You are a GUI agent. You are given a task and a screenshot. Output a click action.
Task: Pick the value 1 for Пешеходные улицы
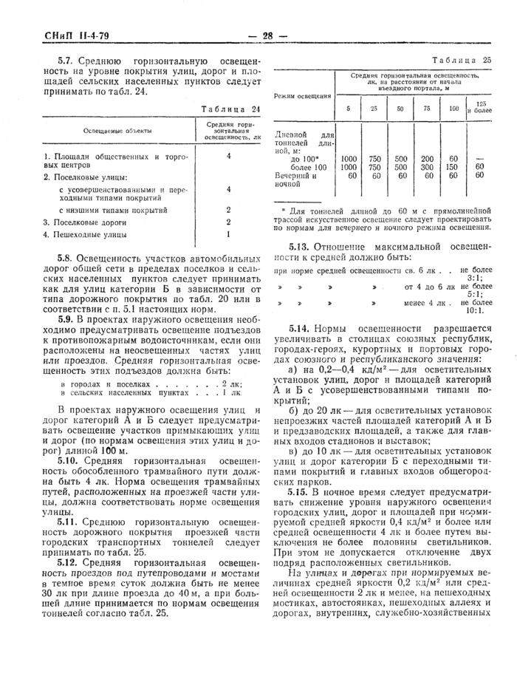click(x=229, y=235)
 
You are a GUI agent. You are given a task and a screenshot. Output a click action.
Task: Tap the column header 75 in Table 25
click(x=427, y=109)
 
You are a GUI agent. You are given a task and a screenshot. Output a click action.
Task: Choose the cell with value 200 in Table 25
click(x=427, y=159)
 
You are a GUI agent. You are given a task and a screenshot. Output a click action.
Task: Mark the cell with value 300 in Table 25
click(x=427, y=168)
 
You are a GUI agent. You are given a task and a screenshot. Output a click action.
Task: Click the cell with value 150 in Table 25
click(x=453, y=168)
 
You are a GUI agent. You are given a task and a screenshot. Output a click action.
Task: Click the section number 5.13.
click(x=299, y=246)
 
